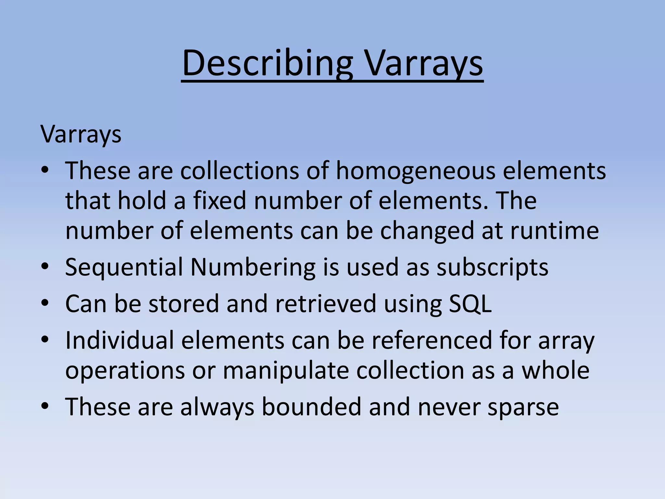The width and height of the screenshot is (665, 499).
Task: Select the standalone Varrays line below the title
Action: pos(81,134)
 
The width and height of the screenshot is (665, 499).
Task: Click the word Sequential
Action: pos(124,267)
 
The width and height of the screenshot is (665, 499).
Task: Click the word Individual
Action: pos(119,340)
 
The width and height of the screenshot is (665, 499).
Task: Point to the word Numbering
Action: pos(253,267)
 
